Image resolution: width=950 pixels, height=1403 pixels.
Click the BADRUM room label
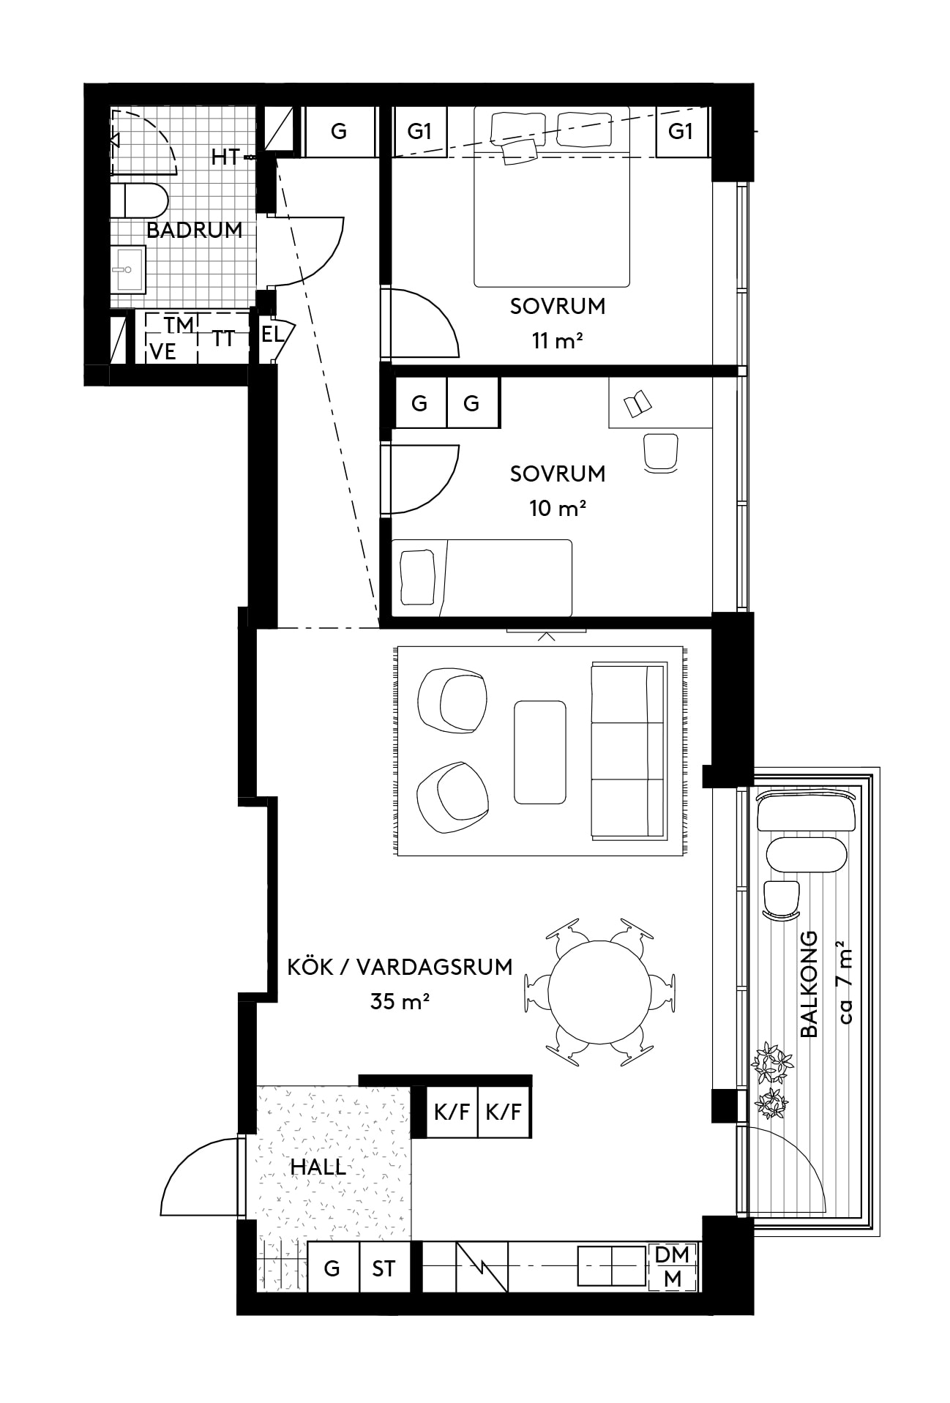(x=194, y=230)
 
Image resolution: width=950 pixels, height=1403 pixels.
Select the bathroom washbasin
(x=128, y=269)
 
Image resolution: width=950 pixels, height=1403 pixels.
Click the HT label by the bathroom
(x=225, y=157)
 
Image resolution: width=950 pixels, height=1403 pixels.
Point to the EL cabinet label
(x=272, y=335)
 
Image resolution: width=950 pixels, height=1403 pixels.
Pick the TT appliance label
(x=223, y=339)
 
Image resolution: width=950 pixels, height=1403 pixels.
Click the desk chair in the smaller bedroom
(x=661, y=452)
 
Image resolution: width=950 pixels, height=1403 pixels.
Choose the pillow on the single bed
(x=418, y=577)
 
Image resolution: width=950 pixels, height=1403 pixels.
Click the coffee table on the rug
(x=540, y=752)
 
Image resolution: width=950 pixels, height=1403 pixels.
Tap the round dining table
(x=599, y=991)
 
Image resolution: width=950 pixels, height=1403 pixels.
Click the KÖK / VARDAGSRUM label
(x=400, y=967)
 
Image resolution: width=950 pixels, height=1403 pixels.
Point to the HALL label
(x=318, y=1167)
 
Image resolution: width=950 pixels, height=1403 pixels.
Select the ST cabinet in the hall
(x=384, y=1268)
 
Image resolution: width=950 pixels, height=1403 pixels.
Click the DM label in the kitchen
(x=672, y=1255)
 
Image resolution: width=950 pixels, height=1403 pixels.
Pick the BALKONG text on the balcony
(x=809, y=984)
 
